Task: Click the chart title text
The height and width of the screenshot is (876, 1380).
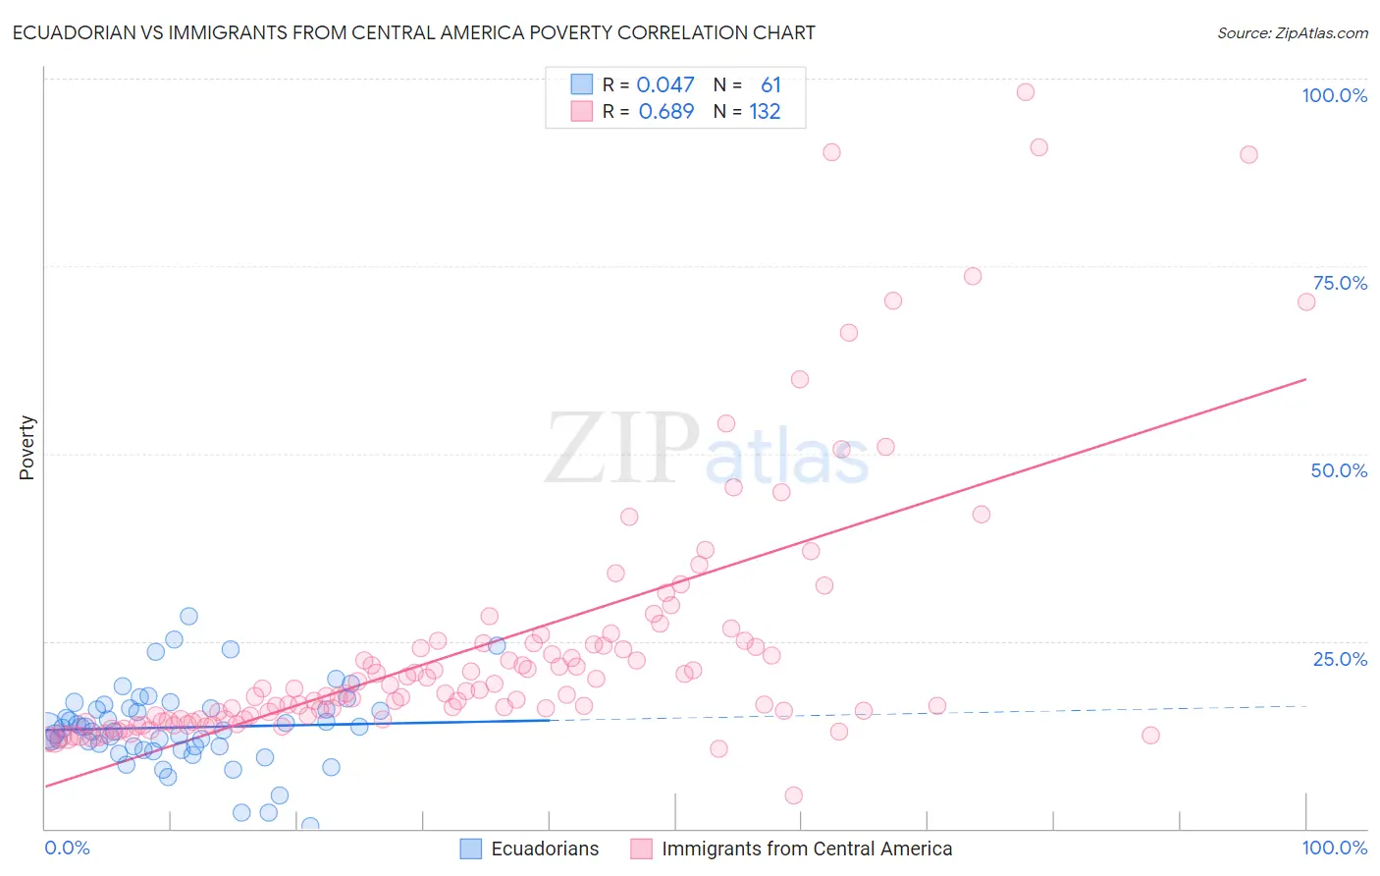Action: tap(413, 32)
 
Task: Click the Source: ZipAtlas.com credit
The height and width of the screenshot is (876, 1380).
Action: tap(1292, 33)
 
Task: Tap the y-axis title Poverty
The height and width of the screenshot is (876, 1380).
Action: tap(27, 447)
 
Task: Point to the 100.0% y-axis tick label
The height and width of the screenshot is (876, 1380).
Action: tap(1334, 95)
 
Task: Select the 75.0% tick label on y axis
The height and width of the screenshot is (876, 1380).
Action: tap(1340, 283)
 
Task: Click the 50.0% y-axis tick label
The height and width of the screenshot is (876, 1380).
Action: tap(1339, 470)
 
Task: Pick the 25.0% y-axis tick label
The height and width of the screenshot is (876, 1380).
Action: tap(1340, 659)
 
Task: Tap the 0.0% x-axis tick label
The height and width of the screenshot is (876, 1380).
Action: tap(67, 848)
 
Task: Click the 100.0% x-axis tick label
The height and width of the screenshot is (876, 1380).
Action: tap(1334, 848)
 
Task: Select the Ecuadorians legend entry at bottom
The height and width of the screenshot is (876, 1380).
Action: tap(544, 849)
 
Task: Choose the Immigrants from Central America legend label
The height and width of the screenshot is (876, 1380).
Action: tap(806, 849)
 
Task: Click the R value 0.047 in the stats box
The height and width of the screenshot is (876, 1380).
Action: tap(665, 85)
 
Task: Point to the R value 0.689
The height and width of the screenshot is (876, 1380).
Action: tap(665, 112)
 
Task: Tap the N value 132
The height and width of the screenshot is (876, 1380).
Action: tap(765, 112)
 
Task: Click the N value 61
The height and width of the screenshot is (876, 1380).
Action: tap(770, 85)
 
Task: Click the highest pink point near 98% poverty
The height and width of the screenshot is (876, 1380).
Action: tap(1026, 92)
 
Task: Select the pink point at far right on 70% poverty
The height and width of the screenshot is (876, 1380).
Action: tap(1306, 301)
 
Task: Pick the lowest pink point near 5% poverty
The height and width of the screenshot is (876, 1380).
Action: tap(794, 795)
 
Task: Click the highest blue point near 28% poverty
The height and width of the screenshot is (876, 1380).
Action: tap(188, 616)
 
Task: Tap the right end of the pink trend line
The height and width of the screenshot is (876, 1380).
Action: tap(1305, 379)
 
